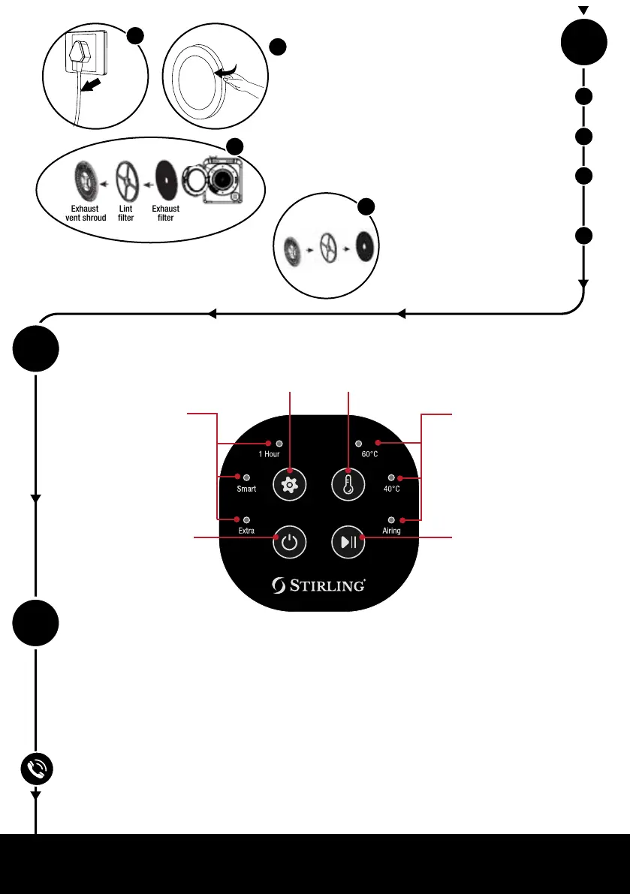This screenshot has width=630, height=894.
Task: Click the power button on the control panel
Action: (x=289, y=542)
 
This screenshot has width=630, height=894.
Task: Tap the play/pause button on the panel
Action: (x=348, y=542)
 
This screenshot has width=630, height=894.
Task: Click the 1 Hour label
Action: (x=269, y=455)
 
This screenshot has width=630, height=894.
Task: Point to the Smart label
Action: (x=247, y=489)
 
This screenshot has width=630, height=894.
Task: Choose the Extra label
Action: (x=246, y=531)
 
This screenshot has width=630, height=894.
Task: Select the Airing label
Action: (x=390, y=531)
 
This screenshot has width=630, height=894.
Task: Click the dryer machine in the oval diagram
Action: (x=221, y=180)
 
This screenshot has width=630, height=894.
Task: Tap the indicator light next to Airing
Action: (x=391, y=519)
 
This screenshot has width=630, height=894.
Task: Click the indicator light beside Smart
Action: (x=247, y=477)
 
